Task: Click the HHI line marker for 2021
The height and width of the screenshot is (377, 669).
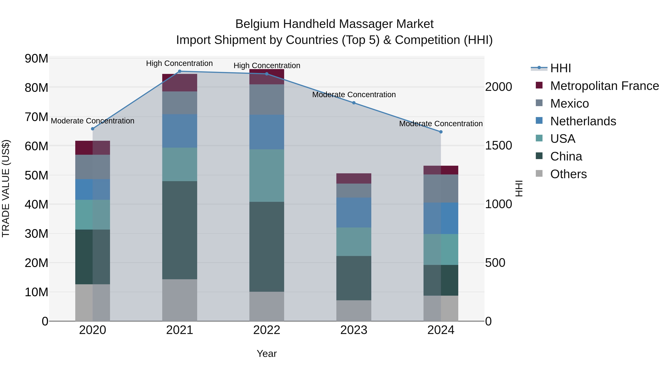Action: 180,71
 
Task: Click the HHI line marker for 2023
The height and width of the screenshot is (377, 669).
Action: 354,103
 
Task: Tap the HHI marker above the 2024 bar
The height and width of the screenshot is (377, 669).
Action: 441,132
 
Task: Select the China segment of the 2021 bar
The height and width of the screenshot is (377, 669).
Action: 180,230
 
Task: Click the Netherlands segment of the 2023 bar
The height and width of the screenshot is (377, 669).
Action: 354,213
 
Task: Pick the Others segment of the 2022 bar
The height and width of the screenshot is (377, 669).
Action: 267,306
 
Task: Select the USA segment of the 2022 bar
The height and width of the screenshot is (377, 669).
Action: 267,176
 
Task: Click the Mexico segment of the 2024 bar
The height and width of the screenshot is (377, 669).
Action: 441,189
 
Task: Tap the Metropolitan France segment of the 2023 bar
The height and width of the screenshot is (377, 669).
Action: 354,179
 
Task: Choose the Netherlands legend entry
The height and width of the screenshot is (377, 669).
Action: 583,121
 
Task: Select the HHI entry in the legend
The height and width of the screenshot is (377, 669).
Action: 560,68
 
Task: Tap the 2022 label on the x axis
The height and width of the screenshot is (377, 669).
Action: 267,330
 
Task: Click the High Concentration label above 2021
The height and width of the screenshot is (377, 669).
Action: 180,63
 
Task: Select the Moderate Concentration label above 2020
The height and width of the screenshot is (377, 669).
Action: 93,121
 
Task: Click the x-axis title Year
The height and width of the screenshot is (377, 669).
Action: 267,354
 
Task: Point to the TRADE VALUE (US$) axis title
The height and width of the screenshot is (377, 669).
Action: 6,188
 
